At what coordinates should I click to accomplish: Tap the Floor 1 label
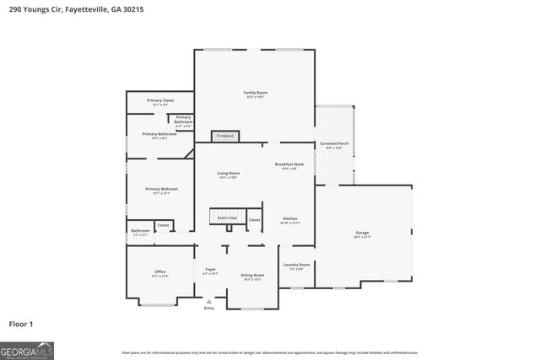[22, 324]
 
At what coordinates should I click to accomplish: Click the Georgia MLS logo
[27, 350]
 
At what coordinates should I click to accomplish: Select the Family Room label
[255, 93]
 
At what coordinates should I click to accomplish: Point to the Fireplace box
[225, 136]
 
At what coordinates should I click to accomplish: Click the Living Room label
[228, 174]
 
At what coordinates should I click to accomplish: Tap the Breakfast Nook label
[289, 164]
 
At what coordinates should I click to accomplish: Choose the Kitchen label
[290, 218]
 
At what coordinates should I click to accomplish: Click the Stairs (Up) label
[227, 218]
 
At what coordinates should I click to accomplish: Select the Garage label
[362, 233]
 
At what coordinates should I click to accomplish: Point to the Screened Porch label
[334, 144]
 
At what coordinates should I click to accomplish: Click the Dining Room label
[252, 276]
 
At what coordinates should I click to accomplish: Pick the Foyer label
[210, 270]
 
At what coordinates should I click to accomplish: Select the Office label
[159, 272]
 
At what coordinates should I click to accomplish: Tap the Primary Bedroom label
[160, 189]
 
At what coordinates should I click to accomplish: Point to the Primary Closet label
[159, 100]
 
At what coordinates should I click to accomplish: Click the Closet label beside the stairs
[254, 219]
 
